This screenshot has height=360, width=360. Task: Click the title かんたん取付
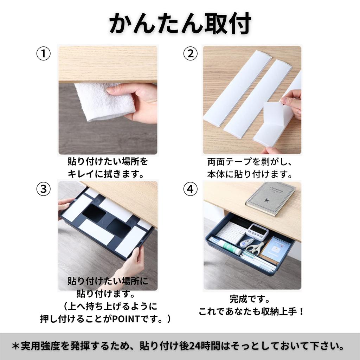[x=180, y=24]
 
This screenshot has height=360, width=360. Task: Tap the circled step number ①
[x=44, y=54]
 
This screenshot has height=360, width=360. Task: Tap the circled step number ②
[x=190, y=54]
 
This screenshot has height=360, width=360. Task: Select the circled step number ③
[x=44, y=189]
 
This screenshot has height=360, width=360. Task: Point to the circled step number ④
[x=190, y=189]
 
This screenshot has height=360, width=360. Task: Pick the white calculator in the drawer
[x=232, y=232]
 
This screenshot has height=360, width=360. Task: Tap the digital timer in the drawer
[x=257, y=232]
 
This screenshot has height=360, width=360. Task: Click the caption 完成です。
[x=250, y=300]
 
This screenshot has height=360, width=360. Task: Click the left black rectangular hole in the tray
[x=94, y=213]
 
